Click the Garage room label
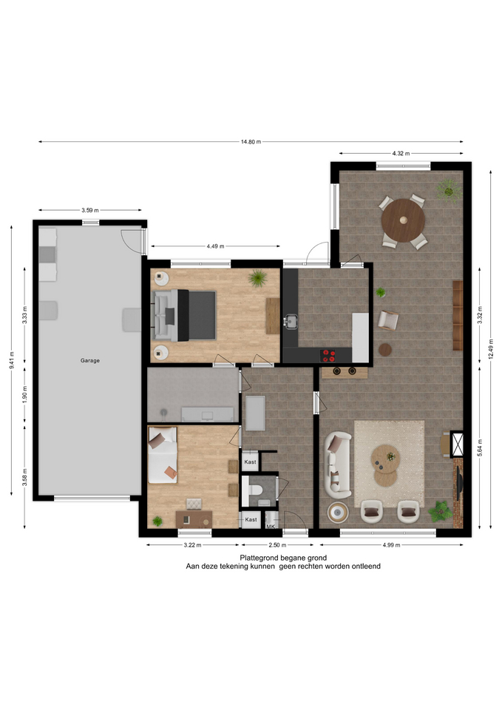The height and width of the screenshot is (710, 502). (90, 360)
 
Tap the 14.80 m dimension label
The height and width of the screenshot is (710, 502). (251, 142)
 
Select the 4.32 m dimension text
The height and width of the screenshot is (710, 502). (401, 154)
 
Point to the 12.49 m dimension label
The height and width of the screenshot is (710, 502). (491, 348)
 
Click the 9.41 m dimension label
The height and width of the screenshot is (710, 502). (12, 360)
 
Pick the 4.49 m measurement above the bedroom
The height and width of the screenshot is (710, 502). (215, 246)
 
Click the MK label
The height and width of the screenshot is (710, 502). (271, 527)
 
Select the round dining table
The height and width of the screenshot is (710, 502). (403, 220)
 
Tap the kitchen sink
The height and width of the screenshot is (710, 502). (290, 322)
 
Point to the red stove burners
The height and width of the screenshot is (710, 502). (328, 356)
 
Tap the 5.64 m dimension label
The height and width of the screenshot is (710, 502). (480, 448)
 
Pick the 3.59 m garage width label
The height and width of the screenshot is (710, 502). (90, 210)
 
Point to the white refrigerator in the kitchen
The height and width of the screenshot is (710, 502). (360, 337)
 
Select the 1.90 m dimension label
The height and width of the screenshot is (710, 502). (25, 394)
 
